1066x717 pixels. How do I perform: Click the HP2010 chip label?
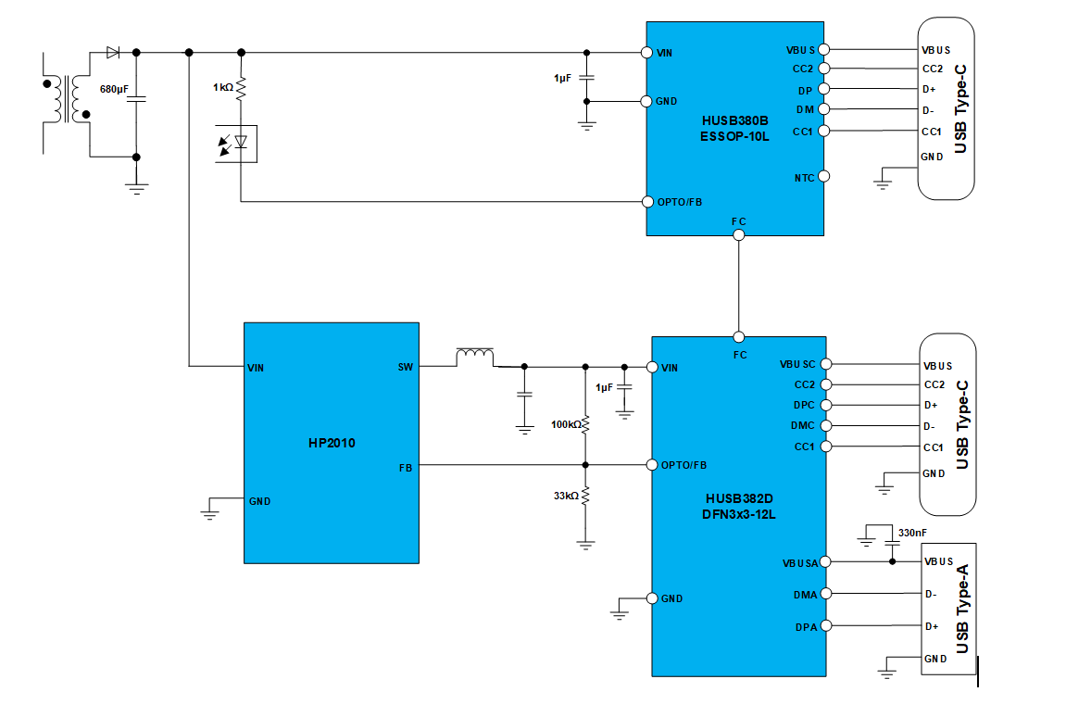click(332, 443)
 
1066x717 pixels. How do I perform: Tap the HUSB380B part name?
click(735, 120)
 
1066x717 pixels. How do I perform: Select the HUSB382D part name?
click(739, 498)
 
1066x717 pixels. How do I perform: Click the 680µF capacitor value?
click(114, 89)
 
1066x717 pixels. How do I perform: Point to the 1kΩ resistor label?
click(223, 87)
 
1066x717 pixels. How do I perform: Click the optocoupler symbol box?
click(236, 144)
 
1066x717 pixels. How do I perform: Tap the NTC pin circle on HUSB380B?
click(824, 176)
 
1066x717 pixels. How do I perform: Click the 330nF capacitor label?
click(912, 533)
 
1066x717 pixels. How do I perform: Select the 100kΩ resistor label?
click(566, 424)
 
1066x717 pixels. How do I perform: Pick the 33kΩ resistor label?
click(566, 496)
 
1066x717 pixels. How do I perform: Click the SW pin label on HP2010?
click(405, 368)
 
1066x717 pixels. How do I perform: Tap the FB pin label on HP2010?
click(406, 468)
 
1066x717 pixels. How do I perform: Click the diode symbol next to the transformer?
click(114, 53)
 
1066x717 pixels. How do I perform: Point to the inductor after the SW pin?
click(474, 355)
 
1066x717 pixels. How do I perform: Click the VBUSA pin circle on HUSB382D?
click(824, 562)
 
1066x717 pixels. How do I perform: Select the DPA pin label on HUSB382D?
click(807, 627)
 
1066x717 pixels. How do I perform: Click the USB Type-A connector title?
click(962, 609)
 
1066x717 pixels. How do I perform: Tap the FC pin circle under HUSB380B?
click(739, 235)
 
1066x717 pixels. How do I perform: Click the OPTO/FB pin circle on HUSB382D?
click(652, 465)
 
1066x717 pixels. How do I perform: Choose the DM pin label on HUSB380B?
click(805, 109)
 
